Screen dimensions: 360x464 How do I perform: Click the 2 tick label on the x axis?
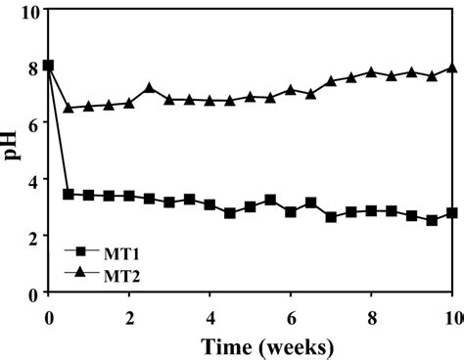(x=129, y=316)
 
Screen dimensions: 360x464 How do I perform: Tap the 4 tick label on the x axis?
(x=209, y=316)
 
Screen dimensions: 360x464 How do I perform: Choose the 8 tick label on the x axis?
(x=371, y=316)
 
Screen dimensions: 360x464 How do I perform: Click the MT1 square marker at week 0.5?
(x=69, y=195)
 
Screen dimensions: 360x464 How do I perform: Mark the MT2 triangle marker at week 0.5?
(x=69, y=108)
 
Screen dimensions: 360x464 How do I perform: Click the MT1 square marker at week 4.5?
(x=230, y=213)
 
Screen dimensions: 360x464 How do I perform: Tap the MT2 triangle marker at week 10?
(x=451, y=67)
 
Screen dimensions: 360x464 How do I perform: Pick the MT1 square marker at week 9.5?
(x=432, y=221)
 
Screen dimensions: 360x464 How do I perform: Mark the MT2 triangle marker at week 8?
(x=371, y=71)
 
